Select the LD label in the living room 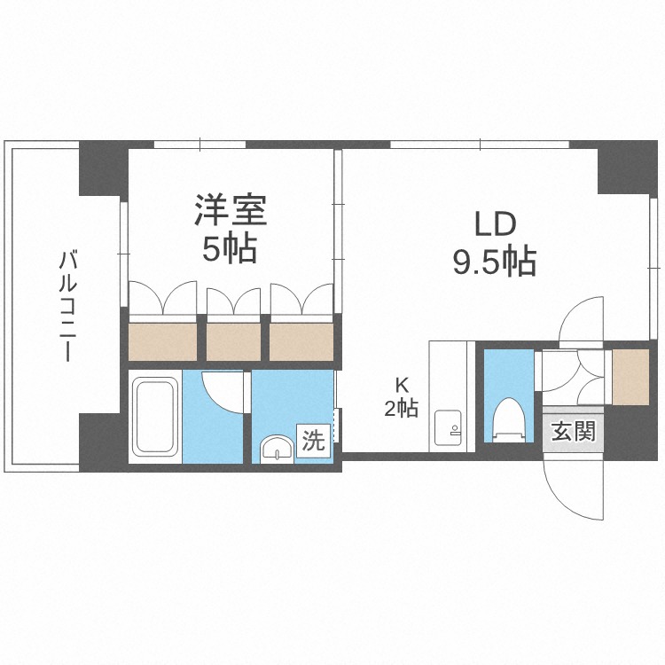click(x=494, y=224)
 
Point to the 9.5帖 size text click(x=494, y=262)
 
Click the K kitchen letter click(x=402, y=386)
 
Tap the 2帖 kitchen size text click(x=402, y=409)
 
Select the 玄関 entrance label click(x=573, y=433)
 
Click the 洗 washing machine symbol click(x=314, y=440)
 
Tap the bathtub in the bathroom click(x=155, y=416)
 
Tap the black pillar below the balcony click(x=99, y=442)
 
